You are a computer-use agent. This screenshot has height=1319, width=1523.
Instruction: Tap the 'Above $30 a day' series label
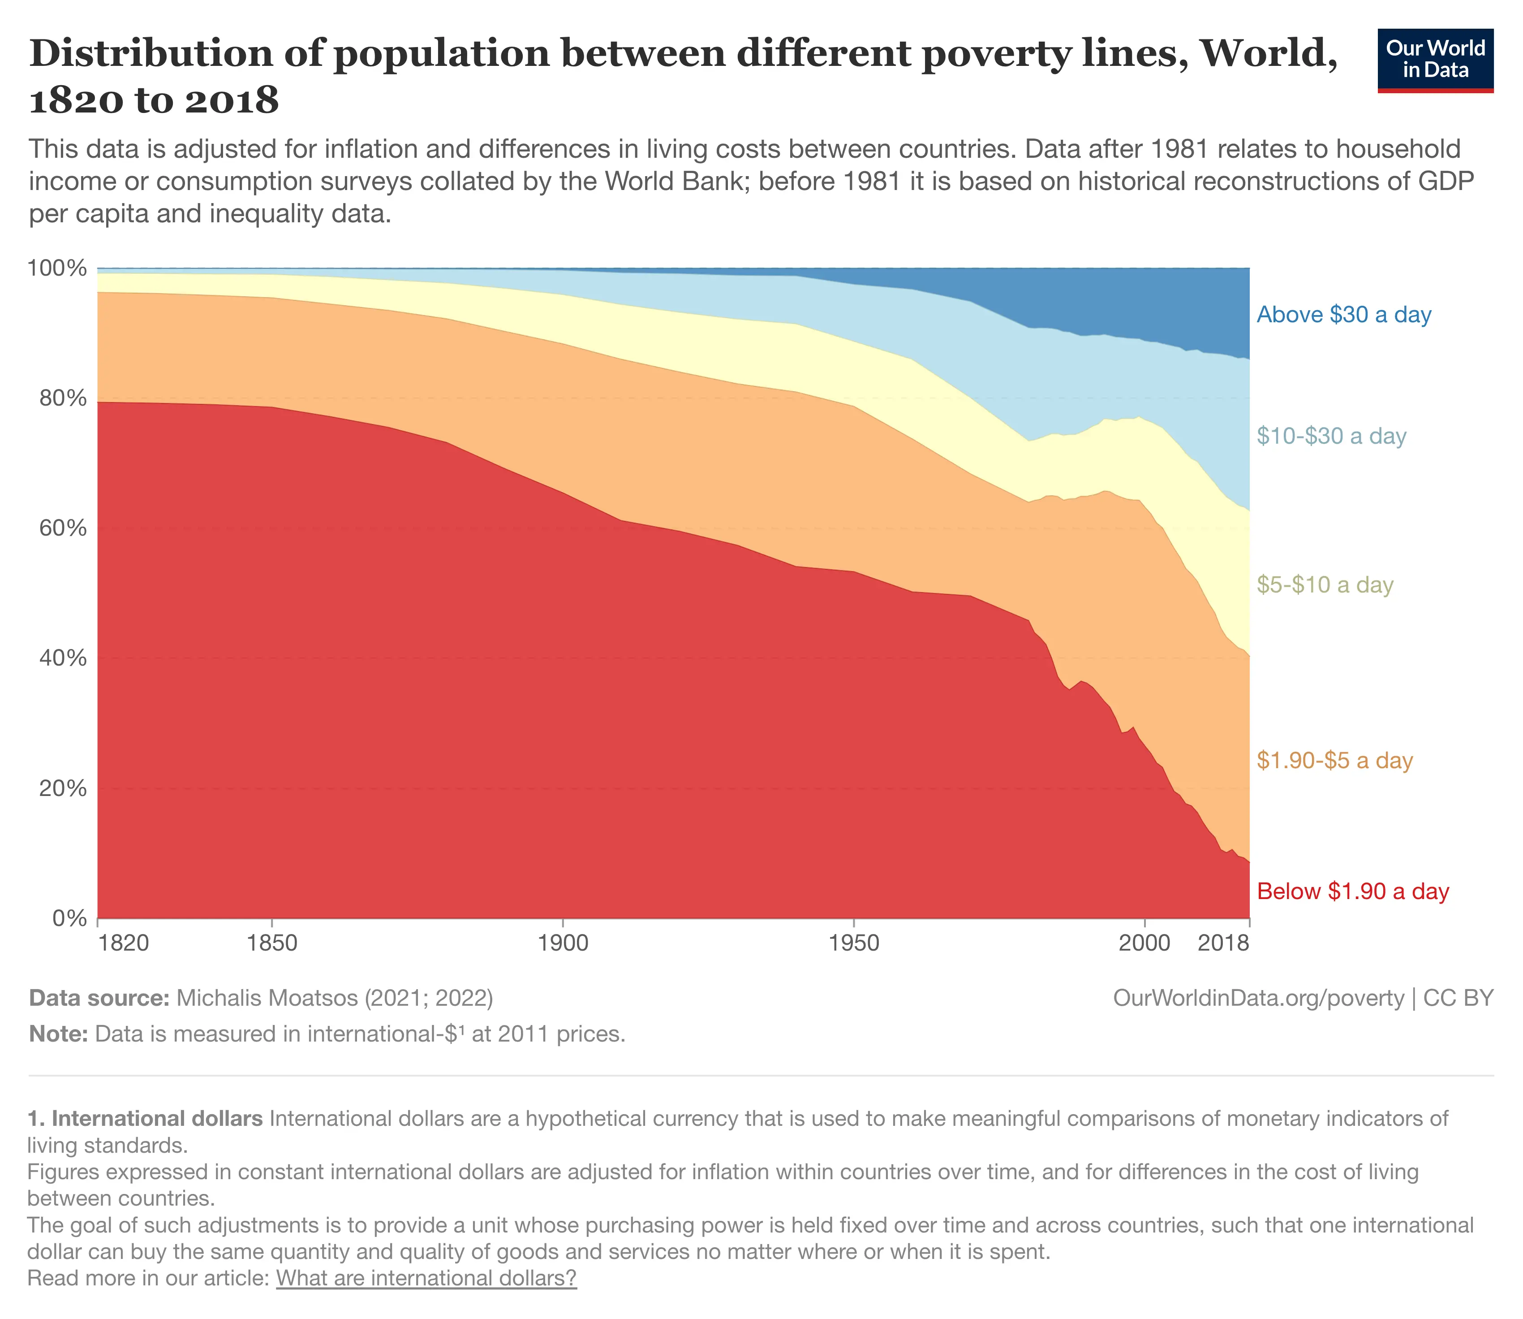tap(1343, 315)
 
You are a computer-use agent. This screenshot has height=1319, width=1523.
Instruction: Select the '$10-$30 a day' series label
tap(1331, 437)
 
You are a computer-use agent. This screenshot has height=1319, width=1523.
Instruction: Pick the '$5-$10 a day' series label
tap(1325, 585)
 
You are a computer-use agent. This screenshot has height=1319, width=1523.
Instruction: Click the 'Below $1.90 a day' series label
tap(1352, 891)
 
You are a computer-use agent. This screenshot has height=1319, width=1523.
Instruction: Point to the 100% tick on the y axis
tap(57, 268)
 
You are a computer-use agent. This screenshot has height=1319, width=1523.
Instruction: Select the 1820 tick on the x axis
tap(124, 943)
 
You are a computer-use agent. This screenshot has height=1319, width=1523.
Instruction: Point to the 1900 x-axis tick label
tap(563, 943)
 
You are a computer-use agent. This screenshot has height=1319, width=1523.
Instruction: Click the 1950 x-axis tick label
tap(853, 943)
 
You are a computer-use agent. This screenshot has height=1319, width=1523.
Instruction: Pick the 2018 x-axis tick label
tap(1223, 943)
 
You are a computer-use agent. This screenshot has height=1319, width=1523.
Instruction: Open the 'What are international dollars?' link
tap(426, 1278)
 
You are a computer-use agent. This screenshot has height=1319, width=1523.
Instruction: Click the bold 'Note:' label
tap(59, 1034)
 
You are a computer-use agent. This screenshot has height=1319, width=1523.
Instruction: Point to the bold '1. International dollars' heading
tap(145, 1119)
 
